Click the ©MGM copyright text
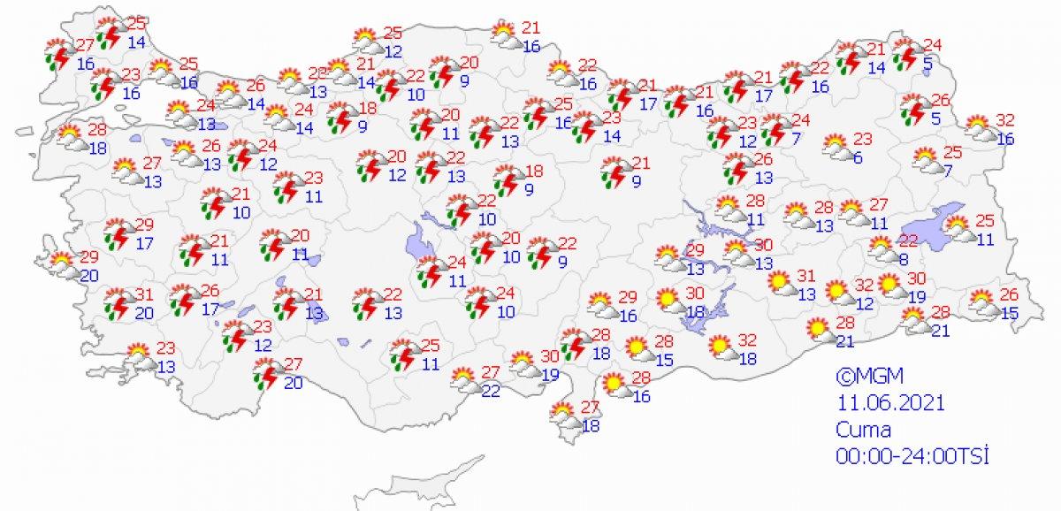863,375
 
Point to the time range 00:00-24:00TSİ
912,456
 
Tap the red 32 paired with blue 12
866,286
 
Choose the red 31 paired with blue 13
805,276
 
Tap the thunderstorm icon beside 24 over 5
905,55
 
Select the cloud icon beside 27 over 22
464,381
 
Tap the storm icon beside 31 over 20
116,302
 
